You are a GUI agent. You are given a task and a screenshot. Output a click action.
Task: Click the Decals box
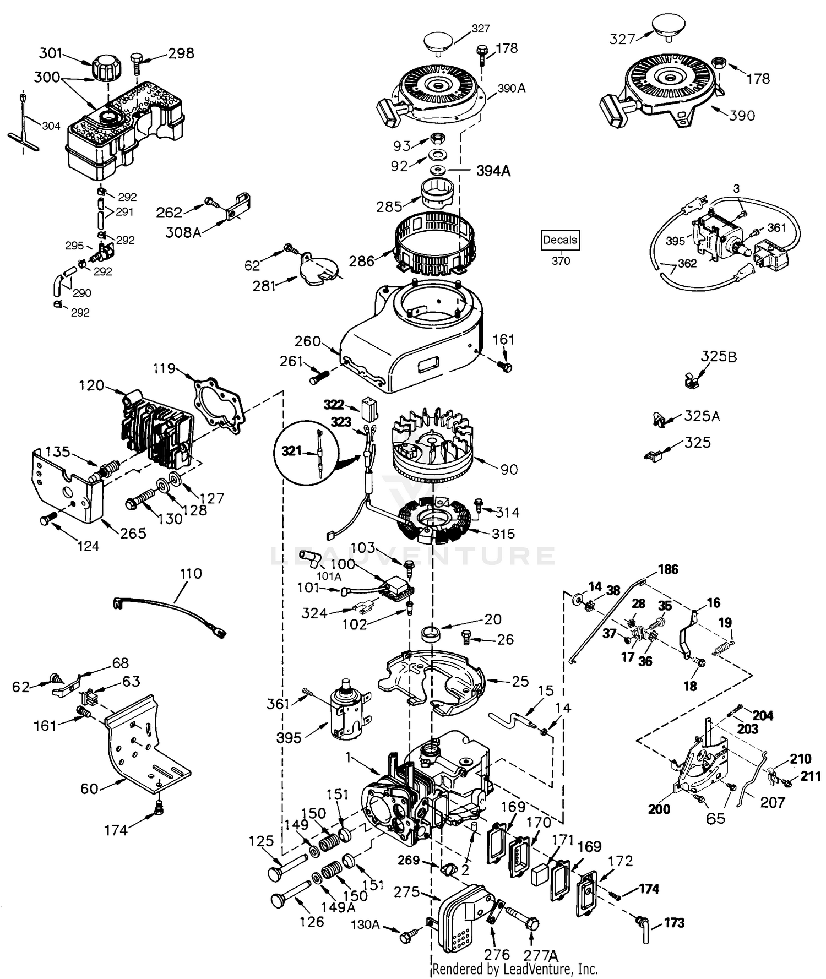560,240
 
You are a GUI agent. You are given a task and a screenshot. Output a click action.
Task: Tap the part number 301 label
51,53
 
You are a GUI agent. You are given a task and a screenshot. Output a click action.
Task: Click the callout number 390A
512,88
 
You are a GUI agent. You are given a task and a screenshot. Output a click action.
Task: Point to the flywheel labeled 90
432,449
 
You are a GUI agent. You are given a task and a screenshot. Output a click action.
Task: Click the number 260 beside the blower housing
307,341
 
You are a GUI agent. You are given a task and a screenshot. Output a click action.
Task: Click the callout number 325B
719,356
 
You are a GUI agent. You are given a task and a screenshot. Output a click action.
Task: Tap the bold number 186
668,569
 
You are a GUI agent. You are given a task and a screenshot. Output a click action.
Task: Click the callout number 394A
493,171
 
